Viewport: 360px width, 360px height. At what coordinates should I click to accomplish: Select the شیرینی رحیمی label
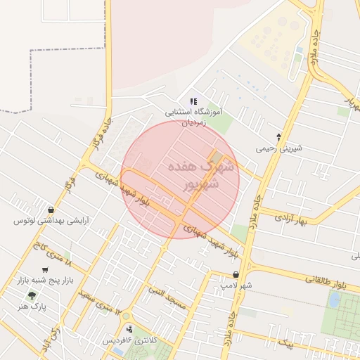click(x=279, y=148)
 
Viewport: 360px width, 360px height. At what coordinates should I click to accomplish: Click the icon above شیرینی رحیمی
click(x=279, y=137)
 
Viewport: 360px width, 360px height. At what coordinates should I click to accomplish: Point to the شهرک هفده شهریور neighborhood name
click(x=195, y=176)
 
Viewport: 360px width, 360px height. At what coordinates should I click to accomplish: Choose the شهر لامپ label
click(x=236, y=286)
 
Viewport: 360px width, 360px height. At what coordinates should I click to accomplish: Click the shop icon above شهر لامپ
click(x=236, y=275)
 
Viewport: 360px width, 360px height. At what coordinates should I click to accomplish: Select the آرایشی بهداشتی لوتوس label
click(x=52, y=221)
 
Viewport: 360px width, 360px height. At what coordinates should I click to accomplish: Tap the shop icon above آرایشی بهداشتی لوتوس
click(x=51, y=210)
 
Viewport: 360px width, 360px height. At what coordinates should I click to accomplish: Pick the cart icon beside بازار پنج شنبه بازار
click(x=46, y=269)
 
